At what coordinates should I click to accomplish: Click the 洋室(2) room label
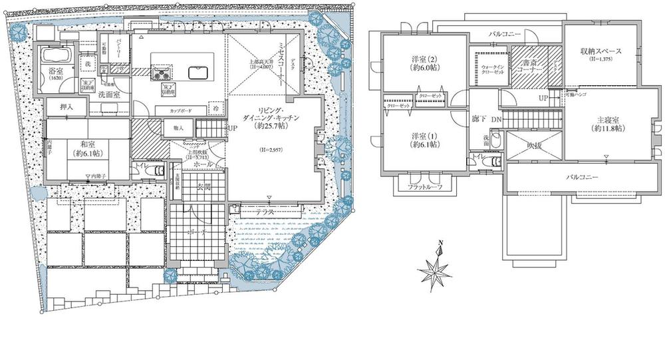coord(422,66)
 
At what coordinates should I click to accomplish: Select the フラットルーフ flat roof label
coord(421,188)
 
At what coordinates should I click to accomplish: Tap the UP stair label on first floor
coord(232,128)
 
